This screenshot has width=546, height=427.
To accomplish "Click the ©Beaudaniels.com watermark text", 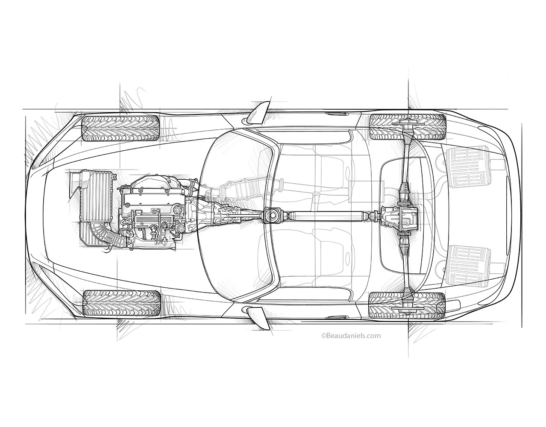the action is coord(351,336).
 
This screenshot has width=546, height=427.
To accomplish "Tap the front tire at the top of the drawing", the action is coord(121,128).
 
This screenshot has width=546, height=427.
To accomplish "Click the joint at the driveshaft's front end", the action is coord(273,215).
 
